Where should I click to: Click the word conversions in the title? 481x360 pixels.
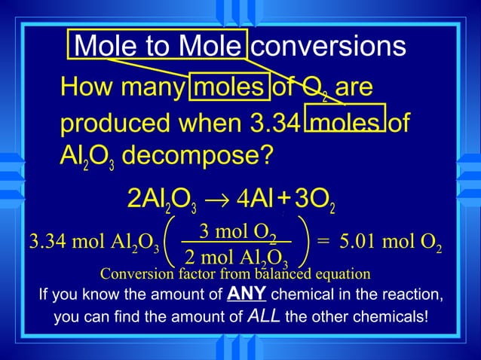tap(328, 47)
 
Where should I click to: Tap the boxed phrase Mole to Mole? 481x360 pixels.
tap(160, 47)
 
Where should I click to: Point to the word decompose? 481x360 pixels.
tap(197, 157)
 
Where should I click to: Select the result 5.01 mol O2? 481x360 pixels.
tap(391, 243)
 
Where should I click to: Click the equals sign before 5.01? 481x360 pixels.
tap(323, 243)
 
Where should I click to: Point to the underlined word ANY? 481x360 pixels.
tap(246, 291)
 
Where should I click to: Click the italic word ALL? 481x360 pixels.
tap(264, 316)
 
